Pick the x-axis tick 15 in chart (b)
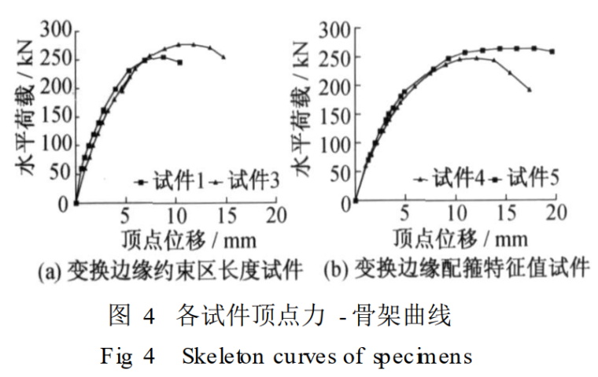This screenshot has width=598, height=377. [506, 215]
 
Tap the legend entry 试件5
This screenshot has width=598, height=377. [533, 178]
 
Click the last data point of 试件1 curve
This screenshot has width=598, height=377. [180, 62]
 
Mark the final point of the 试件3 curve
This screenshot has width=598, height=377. [223, 57]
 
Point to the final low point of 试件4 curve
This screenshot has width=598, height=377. [529, 90]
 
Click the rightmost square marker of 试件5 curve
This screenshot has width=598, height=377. [552, 52]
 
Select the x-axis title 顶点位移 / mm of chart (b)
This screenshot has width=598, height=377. [457, 237]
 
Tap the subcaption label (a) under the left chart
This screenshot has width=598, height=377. [48, 272]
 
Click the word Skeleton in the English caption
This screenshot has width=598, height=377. [218, 356]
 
